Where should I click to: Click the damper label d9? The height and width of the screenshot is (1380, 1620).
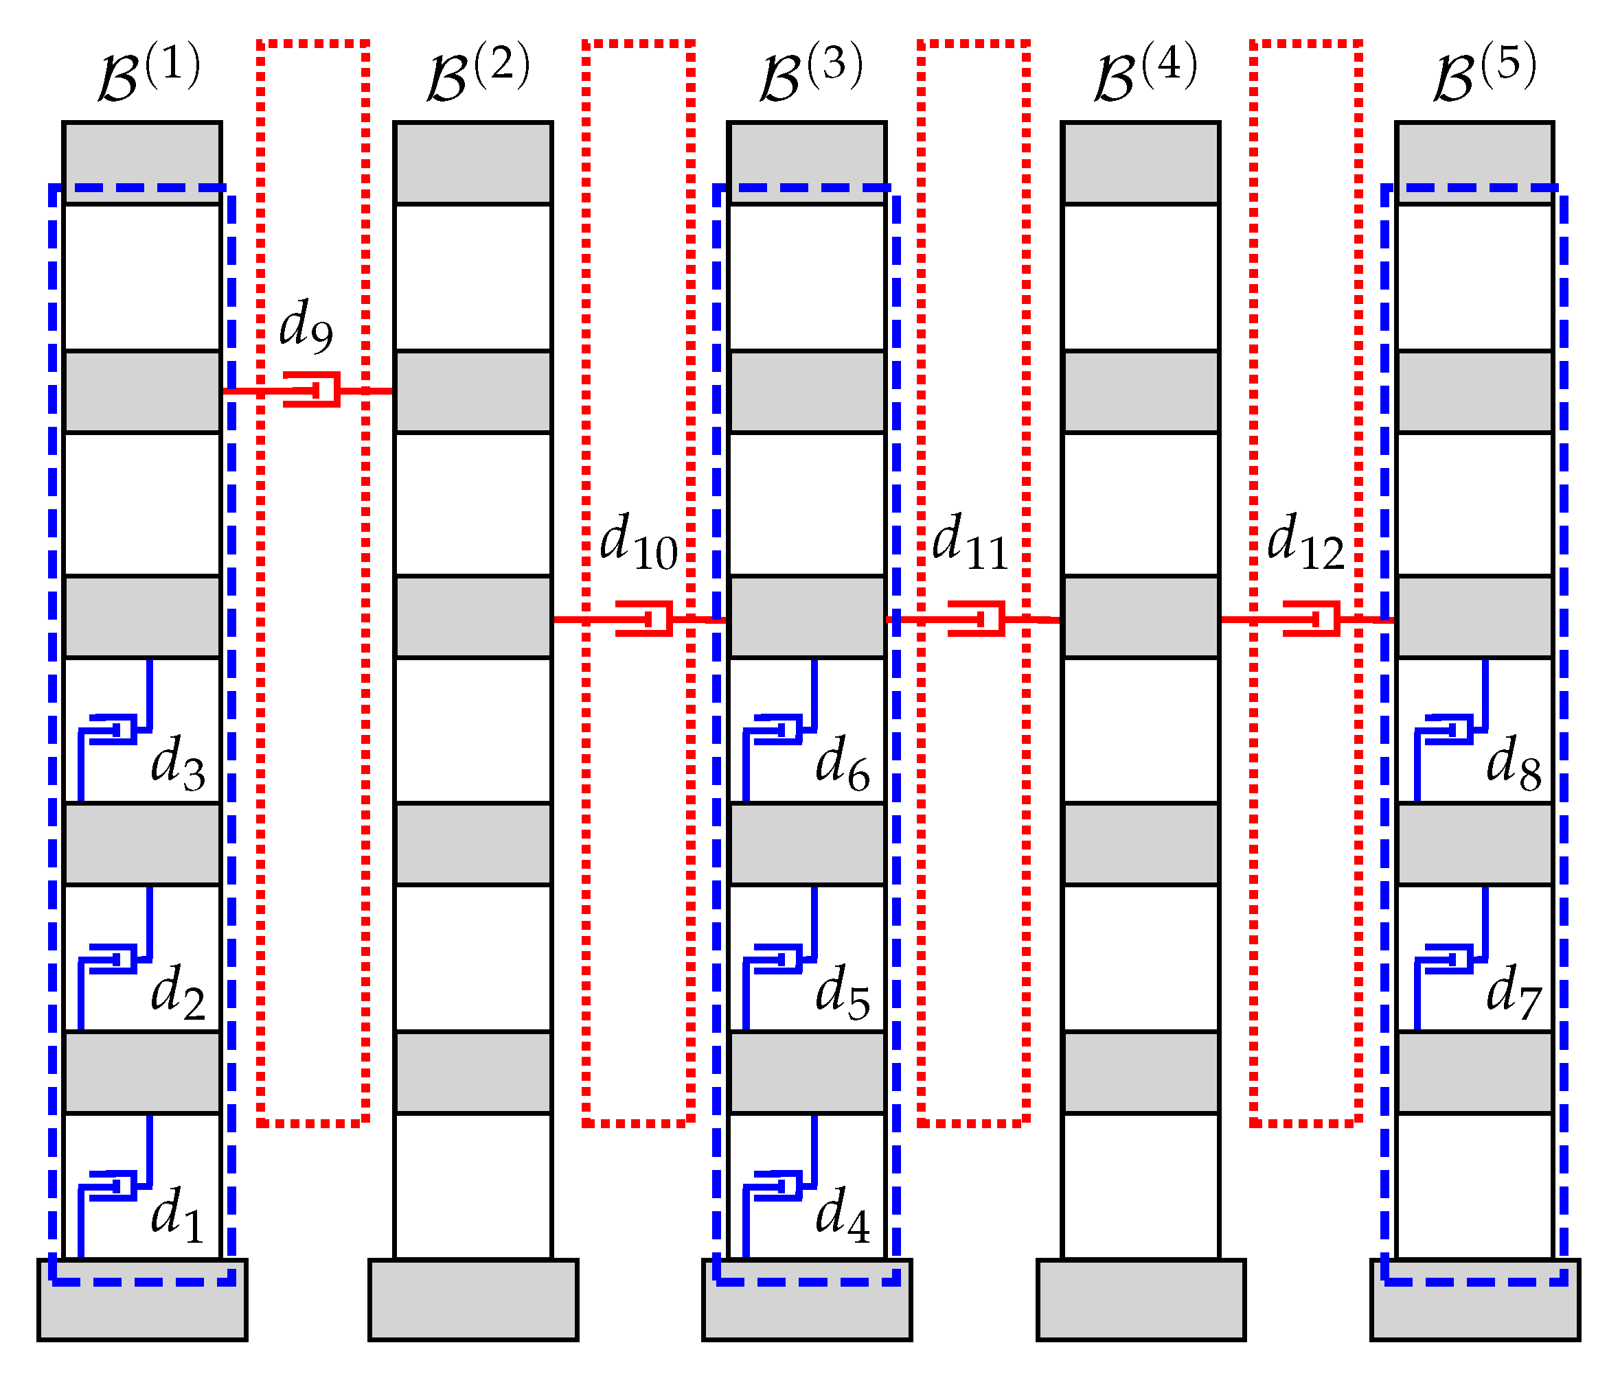point(306,325)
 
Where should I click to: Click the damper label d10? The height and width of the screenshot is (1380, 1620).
point(638,541)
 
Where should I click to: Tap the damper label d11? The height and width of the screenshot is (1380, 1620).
point(970,541)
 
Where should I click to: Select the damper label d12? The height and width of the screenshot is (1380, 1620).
point(1305,541)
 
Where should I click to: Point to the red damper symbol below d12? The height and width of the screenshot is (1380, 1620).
point(1312,619)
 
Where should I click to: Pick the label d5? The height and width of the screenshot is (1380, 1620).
point(842,993)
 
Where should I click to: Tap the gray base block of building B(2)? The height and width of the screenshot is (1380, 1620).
point(473,1300)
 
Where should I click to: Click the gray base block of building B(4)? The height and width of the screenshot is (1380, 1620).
point(1141,1300)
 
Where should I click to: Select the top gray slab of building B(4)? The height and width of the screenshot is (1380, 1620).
point(1141,163)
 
